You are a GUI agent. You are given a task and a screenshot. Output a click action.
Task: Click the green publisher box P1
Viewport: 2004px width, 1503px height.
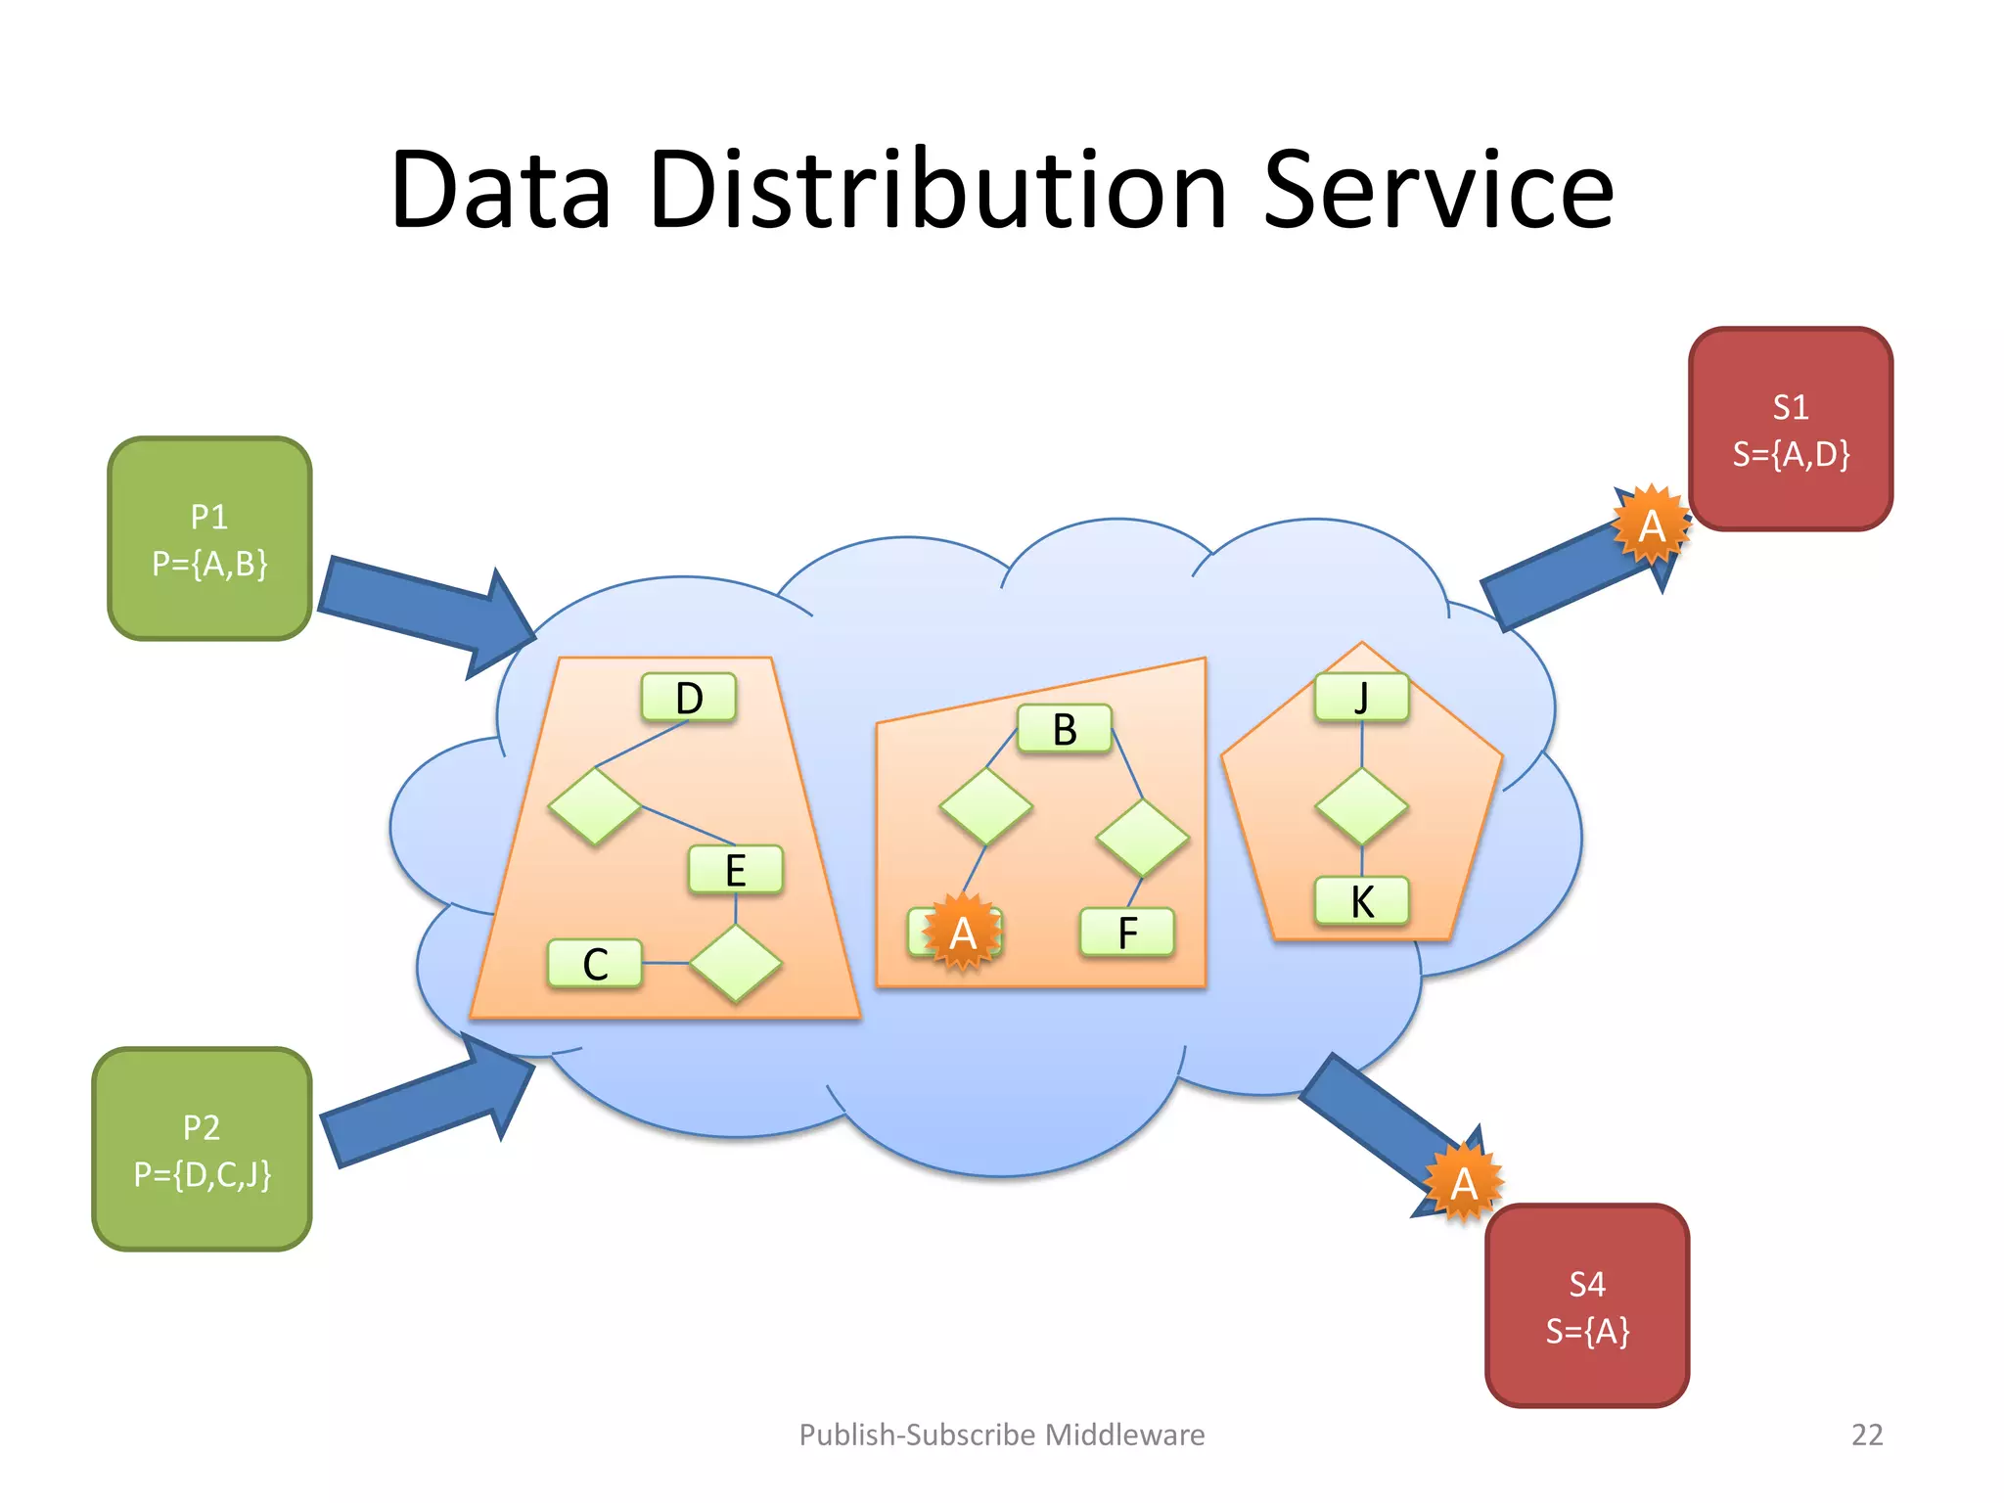point(209,539)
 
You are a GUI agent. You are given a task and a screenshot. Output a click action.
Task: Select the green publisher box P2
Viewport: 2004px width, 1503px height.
point(202,1150)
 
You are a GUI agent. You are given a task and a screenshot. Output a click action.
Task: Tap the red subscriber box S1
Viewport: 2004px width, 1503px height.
point(1790,430)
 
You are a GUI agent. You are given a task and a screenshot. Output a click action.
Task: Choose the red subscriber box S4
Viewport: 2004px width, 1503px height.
point(1586,1306)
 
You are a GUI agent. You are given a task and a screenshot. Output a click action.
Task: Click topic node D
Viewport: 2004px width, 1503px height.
point(689,698)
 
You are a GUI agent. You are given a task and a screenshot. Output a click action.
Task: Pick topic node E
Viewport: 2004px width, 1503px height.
point(735,870)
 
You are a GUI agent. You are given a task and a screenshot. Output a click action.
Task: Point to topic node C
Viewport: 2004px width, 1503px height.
point(595,964)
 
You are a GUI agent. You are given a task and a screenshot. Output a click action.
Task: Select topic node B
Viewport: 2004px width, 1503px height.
point(1065,729)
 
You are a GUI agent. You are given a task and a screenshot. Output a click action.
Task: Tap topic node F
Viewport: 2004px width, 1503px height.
point(1127,933)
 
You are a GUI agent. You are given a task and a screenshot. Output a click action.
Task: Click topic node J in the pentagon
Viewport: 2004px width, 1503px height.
point(1361,698)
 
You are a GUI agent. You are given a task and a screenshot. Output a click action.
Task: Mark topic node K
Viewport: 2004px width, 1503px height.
point(1361,901)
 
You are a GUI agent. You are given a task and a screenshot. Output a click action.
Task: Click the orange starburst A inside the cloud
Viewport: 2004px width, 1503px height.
point(962,933)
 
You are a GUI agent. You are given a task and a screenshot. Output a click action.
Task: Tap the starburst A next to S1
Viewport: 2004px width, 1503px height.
point(1651,525)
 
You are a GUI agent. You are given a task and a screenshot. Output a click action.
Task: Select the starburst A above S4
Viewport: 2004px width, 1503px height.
point(1463,1183)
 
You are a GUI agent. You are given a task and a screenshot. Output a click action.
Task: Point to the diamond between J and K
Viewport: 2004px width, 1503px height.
point(1361,806)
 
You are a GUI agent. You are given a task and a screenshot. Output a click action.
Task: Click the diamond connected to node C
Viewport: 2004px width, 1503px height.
point(735,964)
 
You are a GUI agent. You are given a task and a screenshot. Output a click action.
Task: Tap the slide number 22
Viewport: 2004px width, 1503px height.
point(1866,1435)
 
